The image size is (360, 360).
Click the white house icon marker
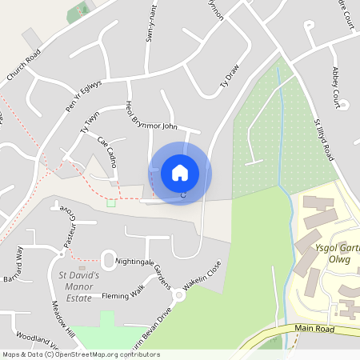click(x=180, y=173)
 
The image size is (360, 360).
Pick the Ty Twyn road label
click(x=90, y=122)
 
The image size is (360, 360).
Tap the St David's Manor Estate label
click(x=80, y=286)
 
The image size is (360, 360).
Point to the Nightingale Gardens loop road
click(x=108, y=259)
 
